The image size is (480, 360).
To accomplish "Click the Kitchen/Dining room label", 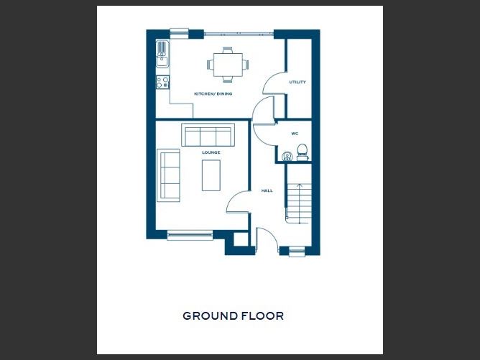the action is (x=213, y=93).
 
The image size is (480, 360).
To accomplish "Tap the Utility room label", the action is (x=297, y=82).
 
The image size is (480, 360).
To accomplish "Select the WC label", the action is (x=295, y=134).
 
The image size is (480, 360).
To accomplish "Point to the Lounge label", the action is (x=211, y=152).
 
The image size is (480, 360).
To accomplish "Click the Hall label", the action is (x=267, y=190).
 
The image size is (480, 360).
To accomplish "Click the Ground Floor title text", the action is (x=234, y=316).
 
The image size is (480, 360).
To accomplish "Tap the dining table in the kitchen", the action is (x=228, y=65).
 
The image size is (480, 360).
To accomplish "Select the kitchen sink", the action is (x=162, y=54).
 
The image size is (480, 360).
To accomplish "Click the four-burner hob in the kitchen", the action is (x=162, y=83).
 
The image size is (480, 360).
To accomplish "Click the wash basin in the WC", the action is (x=287, y=156).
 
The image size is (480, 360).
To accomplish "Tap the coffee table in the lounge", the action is (x=211, y=175).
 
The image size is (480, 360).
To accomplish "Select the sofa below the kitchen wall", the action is (x=208, y=135).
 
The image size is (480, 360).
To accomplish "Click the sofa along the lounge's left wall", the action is (x=168, y=175).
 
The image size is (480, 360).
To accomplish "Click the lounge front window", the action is (x=190, y=235).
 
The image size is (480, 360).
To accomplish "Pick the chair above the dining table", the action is (x=228, y=50).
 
